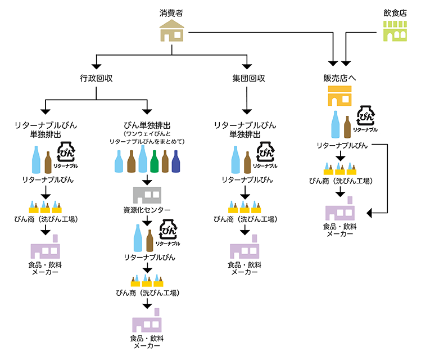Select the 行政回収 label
tap(97, 78)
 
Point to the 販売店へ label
tap(339, 78)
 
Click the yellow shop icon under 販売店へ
tap(339, 96)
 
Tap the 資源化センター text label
tap(147, 210)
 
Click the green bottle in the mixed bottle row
tap(154, 161)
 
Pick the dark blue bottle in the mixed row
tap(176, 161)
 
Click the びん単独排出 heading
tap(147, 125)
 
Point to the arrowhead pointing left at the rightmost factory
tap(371, 213)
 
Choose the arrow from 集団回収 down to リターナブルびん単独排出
tap(246, 102)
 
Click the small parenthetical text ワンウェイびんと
tap(147, 134)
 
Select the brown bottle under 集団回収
tap(248, 162)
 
